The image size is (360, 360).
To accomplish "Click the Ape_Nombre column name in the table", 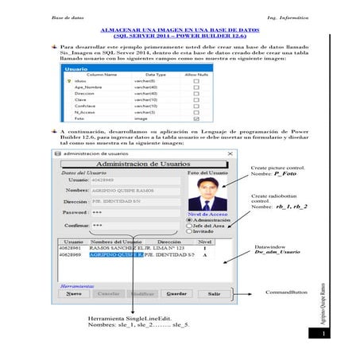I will [x=91, y=87].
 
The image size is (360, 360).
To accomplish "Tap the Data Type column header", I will [x=156, y=74].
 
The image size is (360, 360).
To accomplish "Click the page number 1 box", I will [x=324, y=334].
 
